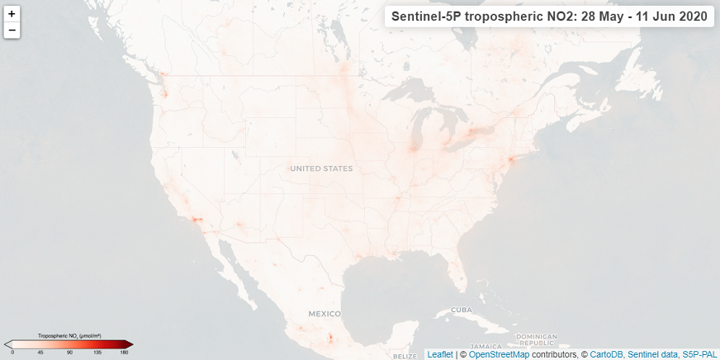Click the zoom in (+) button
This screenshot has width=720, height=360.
(12, 14)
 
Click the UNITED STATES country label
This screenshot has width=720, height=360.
(321, 168)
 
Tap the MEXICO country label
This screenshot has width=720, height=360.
(324, 314)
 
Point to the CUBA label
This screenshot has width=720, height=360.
(461, 310)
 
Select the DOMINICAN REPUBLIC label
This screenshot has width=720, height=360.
(537, 339)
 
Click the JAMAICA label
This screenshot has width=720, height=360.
(483, 346)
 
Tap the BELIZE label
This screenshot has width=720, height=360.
(405, 356)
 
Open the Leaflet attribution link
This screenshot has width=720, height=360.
(440, 354)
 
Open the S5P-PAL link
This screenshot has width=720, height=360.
(699, 354)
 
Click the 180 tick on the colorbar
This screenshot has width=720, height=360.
(124, 353)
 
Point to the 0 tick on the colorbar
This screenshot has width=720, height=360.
(12, 353)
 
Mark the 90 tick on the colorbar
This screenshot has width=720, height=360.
(70, 353)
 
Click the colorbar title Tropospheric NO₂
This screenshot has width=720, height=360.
(69, 336)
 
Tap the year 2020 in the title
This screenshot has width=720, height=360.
(690, 17)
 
